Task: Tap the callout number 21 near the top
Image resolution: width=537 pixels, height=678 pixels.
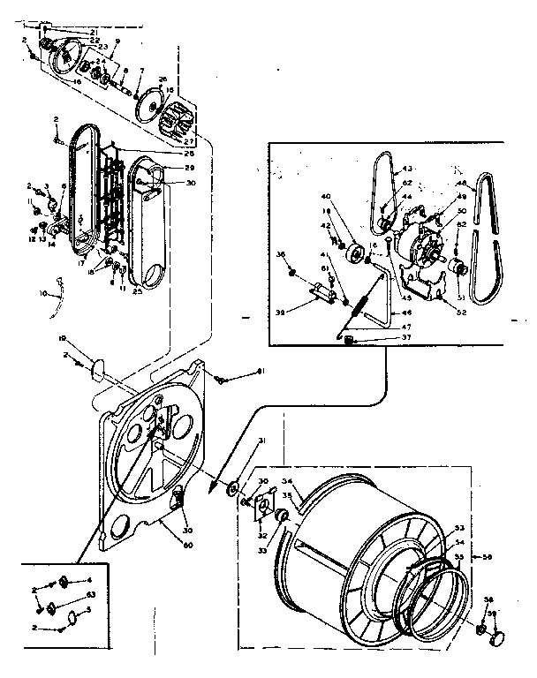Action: (x=93, y=33)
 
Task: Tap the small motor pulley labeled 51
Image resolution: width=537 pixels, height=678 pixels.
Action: (x=457, y=267)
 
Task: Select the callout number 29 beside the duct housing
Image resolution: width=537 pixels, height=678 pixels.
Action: (x=189, y=168)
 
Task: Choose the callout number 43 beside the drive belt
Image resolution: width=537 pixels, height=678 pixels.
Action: (x=407, y=169)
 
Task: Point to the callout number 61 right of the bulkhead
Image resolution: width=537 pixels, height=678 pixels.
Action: (x=261, y=371)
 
